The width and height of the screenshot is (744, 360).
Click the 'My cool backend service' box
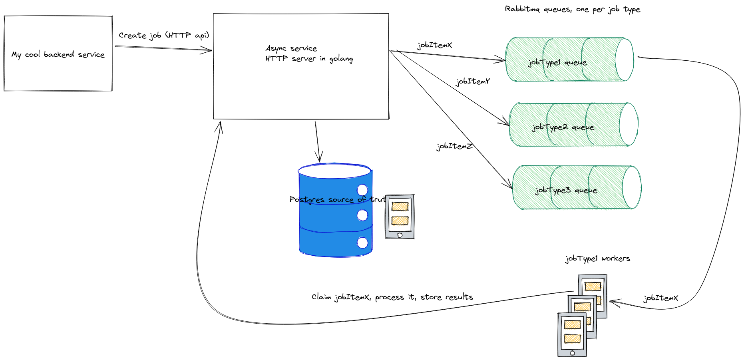pyautogui.click(x=58, y=54)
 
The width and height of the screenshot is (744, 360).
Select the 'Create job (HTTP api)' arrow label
pyautogui.click(x=164, y=36)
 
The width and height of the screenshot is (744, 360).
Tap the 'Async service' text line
pyautogui.click(x=291, y=48)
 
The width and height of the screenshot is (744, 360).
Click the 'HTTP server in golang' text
pyautogui.click(x=309, y=59)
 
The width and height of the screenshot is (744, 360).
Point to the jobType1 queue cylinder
pyautogui.click(x=569, y=60)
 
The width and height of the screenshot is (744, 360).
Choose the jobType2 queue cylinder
pyautogui.click(x=573, y=125)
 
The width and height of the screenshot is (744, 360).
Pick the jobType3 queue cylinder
pyautogui.click(x=577, y=187)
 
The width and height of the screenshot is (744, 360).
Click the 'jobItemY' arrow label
pyautogui.click(x=473, y=82)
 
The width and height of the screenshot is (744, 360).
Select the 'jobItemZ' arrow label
pyautogui.click(x=454, y=146)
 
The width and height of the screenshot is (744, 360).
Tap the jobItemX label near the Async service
pyautogui.click(x=435, y=45)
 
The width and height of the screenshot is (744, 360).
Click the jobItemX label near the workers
pyautogui.click(x=661, y=298)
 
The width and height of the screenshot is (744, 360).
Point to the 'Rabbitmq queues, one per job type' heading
pyautogui.click(x=572, y=9)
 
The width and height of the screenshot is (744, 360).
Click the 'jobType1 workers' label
pyautogui.click(x=597, y=259)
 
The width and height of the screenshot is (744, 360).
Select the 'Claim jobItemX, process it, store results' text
pyautogui.click(x=392, y=297)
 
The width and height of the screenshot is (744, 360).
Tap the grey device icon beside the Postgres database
pyautogui.click(x=400, y=217)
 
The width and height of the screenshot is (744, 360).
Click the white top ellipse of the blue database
pyautogui.click(x=334, y=171)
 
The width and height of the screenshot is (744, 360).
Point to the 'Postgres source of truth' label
pyautogui.click(x=338, y=199)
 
